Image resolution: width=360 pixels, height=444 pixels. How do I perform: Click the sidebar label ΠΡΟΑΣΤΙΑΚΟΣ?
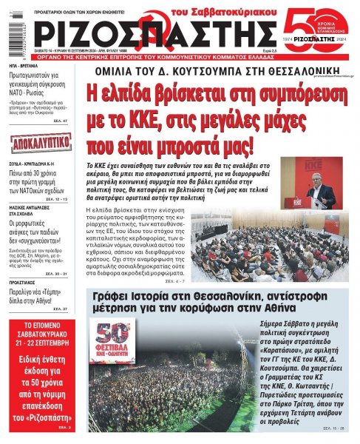[21, 282]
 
